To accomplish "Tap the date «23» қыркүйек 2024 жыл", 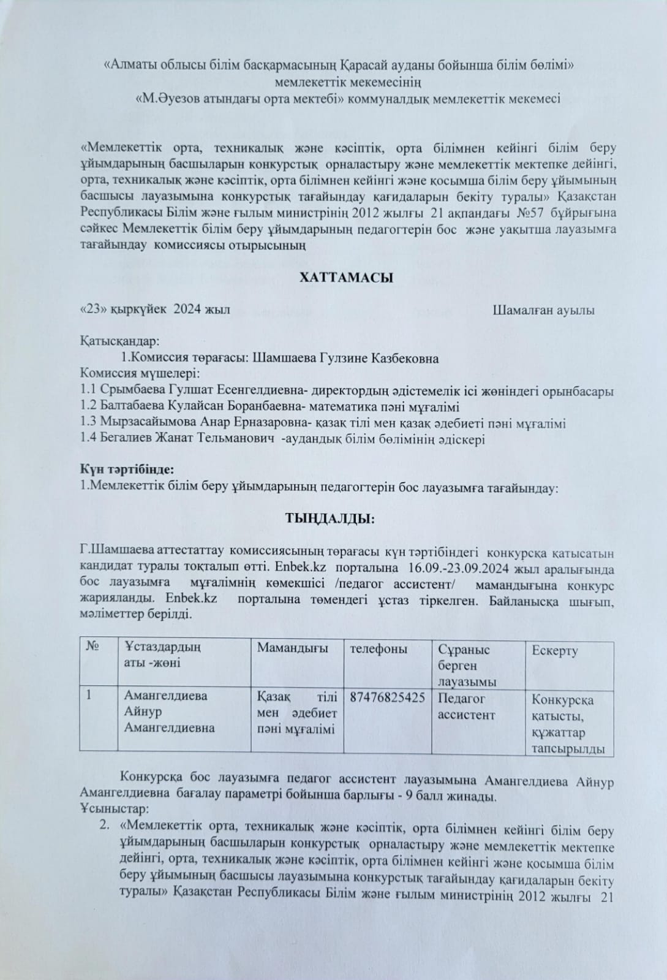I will [x=156, y=310].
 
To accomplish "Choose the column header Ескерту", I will [x=555, y=650].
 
